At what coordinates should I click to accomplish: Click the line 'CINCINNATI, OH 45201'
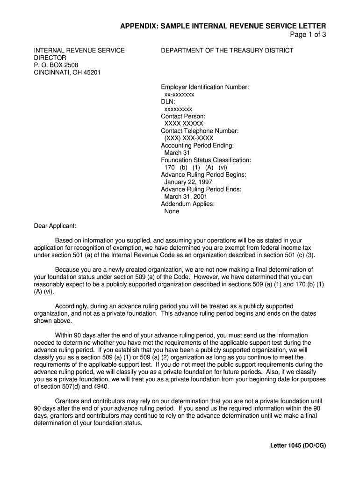(67, 73)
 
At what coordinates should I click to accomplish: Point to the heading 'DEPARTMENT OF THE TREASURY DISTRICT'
(227, 51)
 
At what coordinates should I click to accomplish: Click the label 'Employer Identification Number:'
(205, 87)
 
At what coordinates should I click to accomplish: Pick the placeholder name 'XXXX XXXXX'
(184, 123)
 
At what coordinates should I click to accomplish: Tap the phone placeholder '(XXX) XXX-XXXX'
(189, 138)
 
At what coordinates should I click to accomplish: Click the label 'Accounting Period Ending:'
(197, 145)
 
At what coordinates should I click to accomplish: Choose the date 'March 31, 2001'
(186, 196)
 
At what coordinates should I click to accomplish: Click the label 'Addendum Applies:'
(187, 204)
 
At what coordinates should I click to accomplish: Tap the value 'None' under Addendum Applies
(172, 211)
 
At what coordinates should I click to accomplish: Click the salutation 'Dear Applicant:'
(55, 226)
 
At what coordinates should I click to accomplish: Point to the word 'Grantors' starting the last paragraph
(68, 401)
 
